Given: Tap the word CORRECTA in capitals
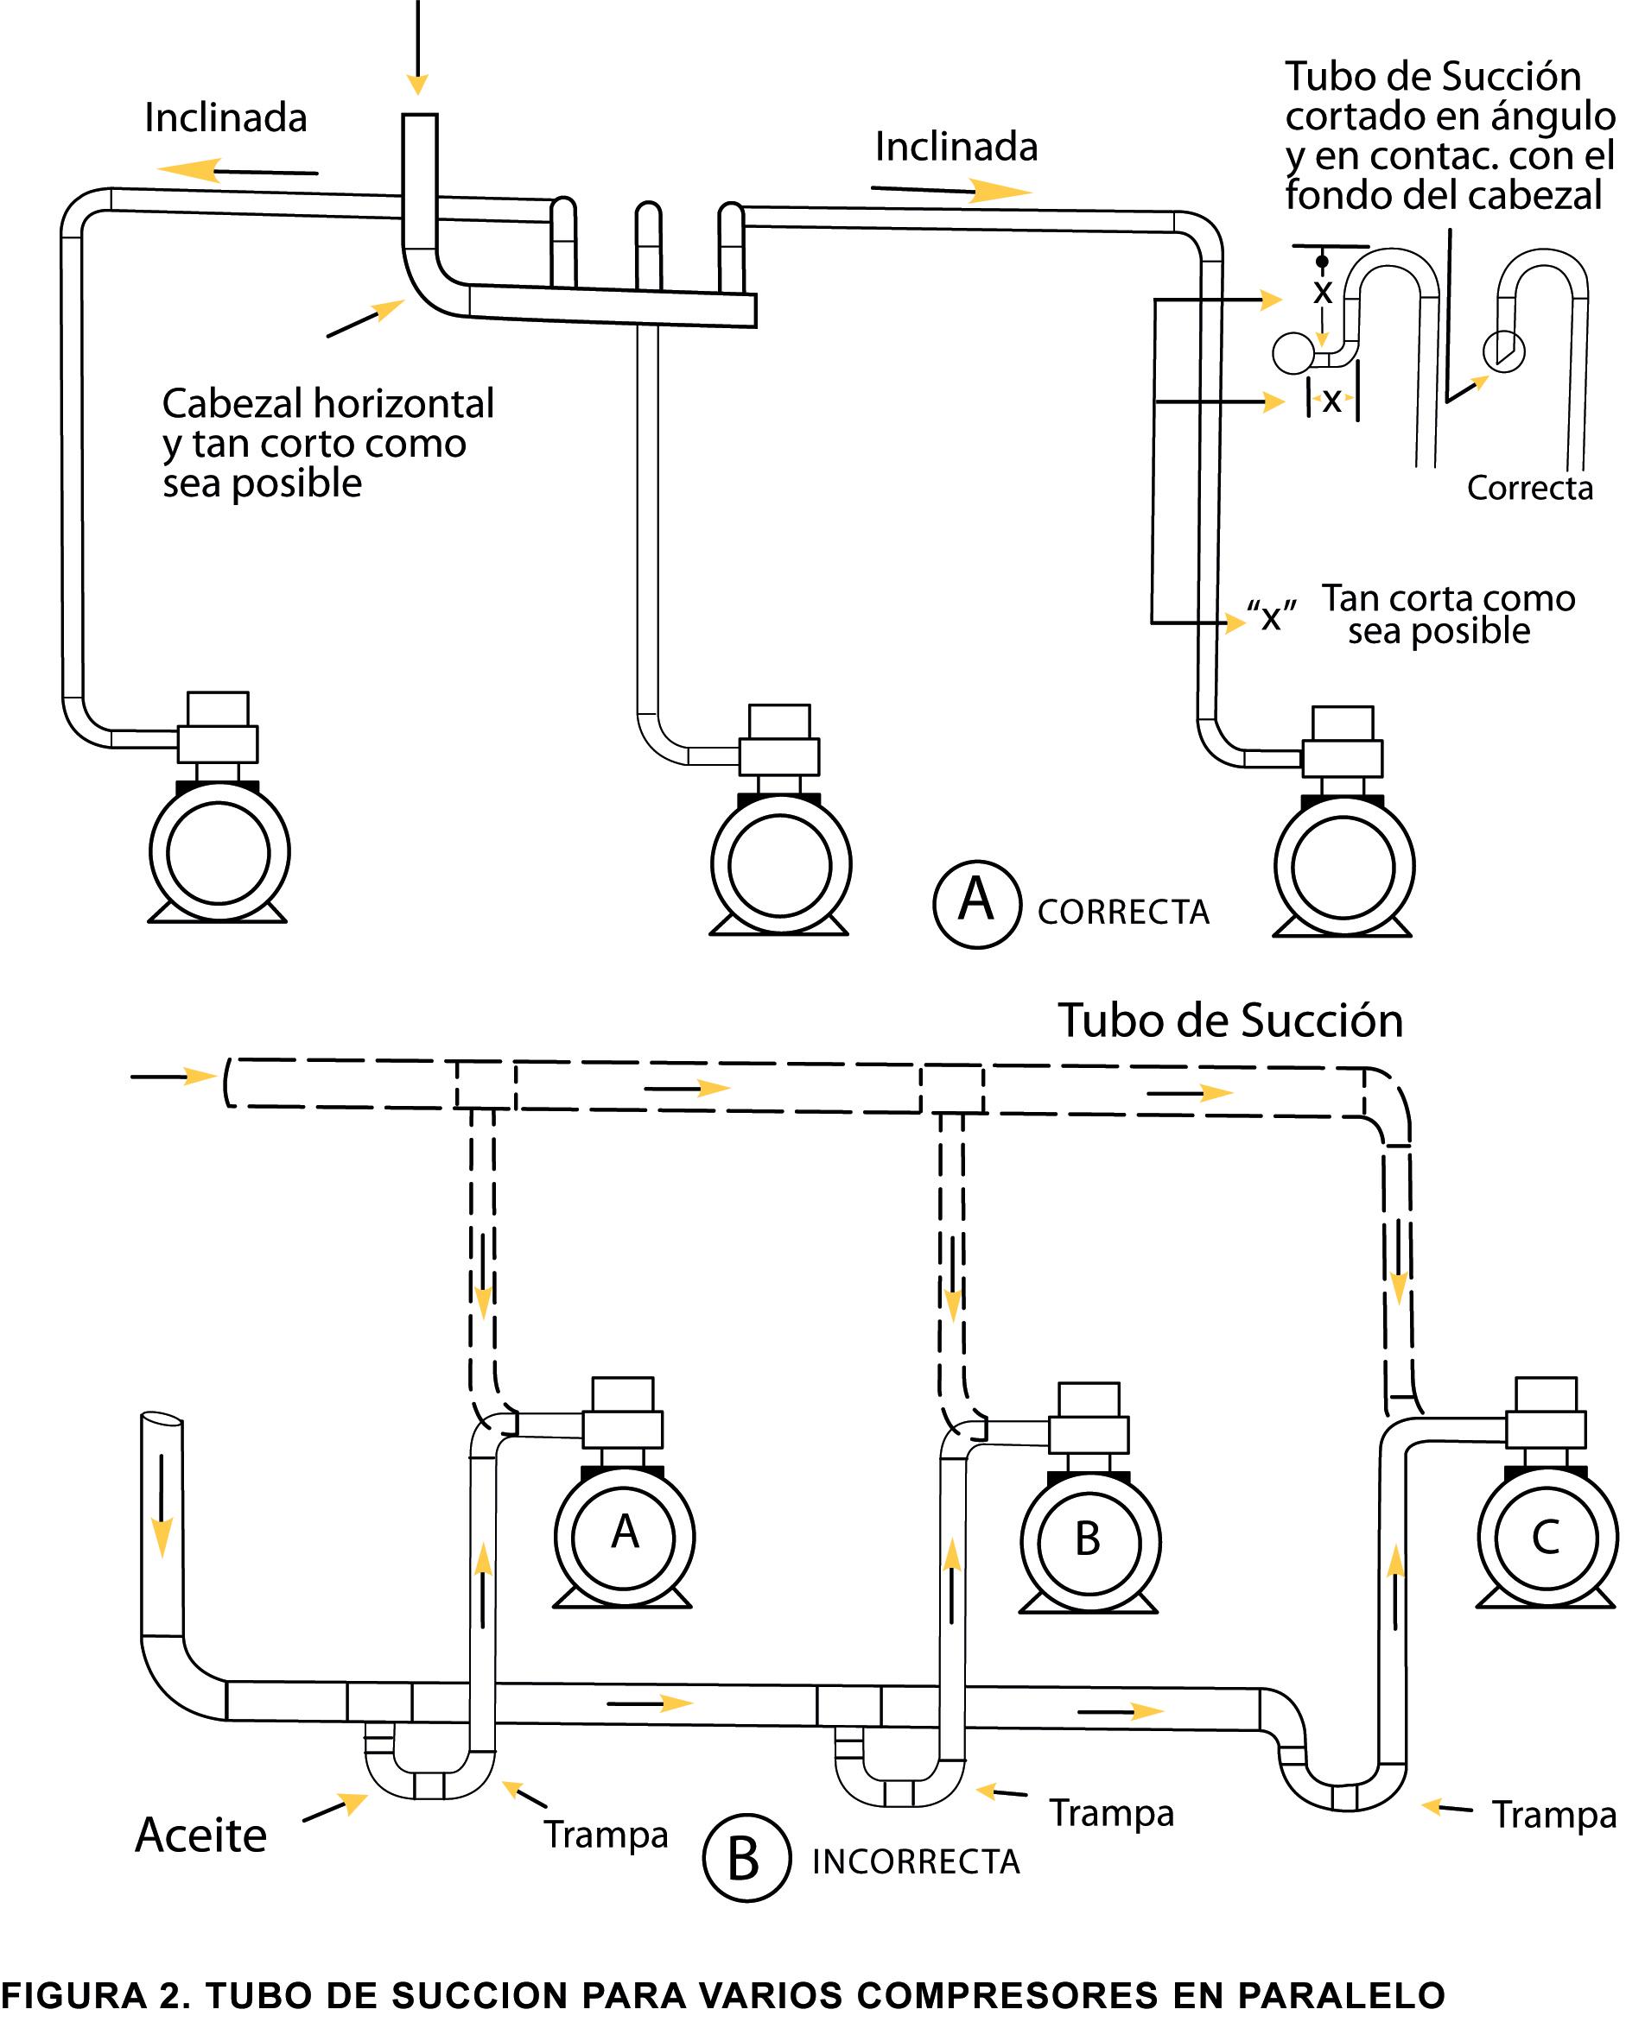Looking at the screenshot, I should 1123,913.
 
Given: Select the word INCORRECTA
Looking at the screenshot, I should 916,1861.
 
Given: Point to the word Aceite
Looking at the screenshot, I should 200,1836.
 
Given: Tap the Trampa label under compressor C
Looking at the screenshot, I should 1553,1815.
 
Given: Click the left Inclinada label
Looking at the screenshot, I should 225,118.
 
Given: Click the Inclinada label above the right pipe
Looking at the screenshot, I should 956,148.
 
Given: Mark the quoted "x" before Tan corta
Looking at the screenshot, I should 1272,617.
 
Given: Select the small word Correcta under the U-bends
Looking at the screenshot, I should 1529,488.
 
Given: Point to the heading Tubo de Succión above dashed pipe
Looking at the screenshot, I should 1230,1020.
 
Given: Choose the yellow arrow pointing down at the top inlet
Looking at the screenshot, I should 417,84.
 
